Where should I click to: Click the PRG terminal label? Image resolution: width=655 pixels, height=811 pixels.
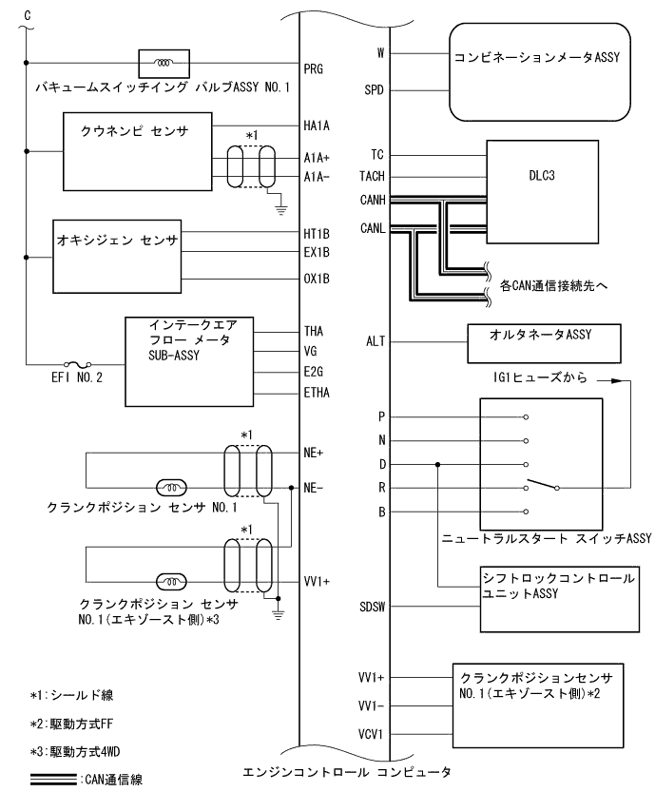[x=314, y=68]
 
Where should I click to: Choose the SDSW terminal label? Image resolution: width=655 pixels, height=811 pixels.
[x=373, y=606]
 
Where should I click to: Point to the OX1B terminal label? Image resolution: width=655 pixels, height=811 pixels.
[x=317, y=280]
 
